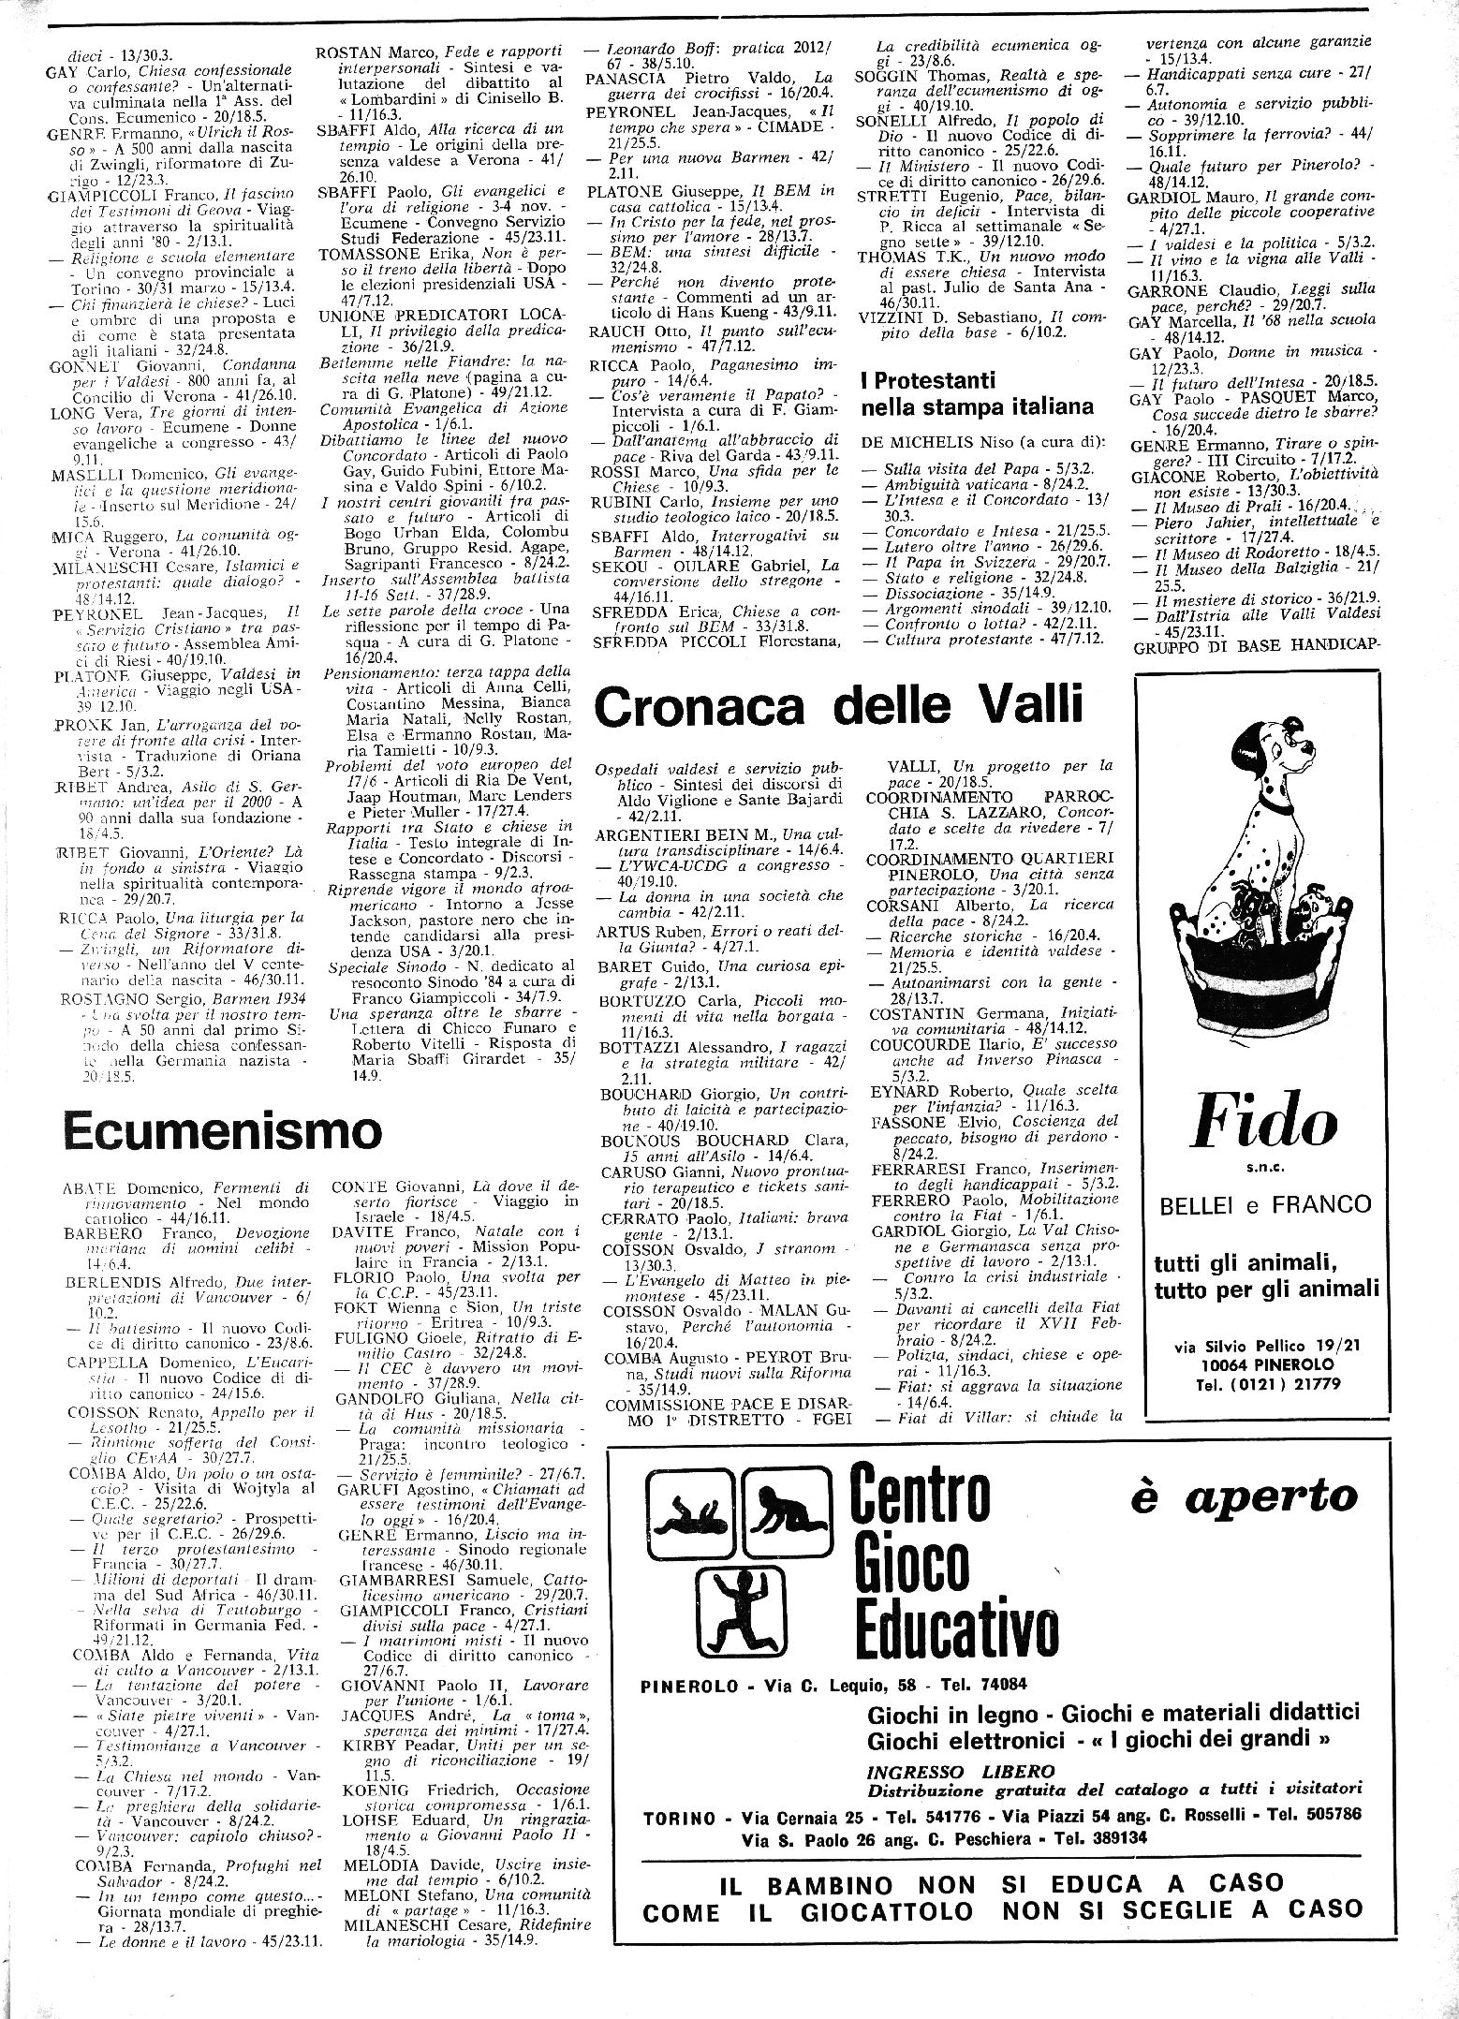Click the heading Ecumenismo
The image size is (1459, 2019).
(x=223, y=1131)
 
